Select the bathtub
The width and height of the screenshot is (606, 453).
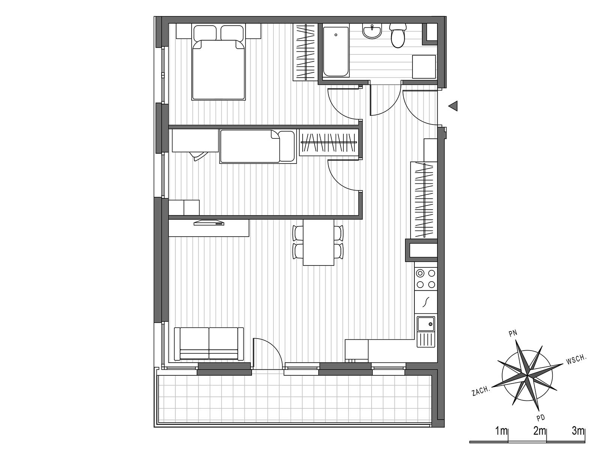coord(336,52)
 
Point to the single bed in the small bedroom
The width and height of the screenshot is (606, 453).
coord(258,146)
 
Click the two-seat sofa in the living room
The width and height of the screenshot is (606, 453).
coord(209,343)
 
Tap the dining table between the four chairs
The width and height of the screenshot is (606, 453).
coord(318,242)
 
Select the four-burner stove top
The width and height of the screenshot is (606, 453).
coord(426,279)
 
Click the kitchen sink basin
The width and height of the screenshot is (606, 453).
coord(426,324)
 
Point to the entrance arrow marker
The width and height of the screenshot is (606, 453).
coord(453,106)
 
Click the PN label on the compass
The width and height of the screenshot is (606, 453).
coord(513,333)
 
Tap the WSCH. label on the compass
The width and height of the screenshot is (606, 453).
coord(576,360)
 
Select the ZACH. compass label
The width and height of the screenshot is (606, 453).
coord(481,391)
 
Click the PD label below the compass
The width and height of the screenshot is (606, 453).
coord(541,418)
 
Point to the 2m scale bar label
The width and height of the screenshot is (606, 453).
coord(540,430)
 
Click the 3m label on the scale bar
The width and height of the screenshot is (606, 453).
coord(578,430)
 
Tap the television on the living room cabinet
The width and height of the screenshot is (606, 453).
coord(209,222)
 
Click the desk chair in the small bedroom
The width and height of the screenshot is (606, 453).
coord(198,156)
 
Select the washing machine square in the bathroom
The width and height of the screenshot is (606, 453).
coord(424,66)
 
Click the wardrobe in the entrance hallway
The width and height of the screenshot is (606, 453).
coord(424,200)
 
